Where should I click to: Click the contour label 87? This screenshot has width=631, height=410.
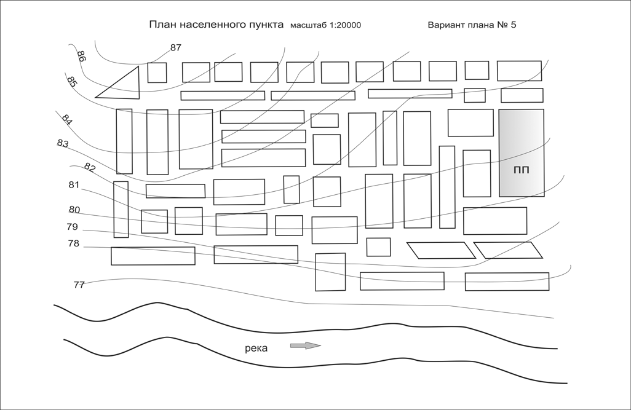coord(176,47)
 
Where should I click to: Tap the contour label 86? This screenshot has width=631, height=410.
coord(81,57)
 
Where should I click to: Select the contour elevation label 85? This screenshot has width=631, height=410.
coord(71,82)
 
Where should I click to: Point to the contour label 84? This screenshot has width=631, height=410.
coord(67,119)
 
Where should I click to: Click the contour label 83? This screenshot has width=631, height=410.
coord(63,143)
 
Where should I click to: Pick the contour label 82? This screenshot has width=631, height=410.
coord(90,167)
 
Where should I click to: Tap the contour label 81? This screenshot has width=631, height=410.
coord(74,185)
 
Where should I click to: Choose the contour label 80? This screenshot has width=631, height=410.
coord(74,210)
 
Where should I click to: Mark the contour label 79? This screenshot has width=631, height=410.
coord(73,227)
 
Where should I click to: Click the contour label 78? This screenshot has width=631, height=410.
coord(74,244)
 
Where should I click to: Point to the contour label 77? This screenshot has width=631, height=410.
coord(79,285)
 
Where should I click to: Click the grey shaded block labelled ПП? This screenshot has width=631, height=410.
coord(522,153)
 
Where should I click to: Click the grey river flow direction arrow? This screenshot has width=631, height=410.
coord(306,345)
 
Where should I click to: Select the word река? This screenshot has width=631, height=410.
coord(256,349)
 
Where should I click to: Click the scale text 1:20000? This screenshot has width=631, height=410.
coord(345,25)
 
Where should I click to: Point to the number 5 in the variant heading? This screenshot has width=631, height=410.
coord(513,25)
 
